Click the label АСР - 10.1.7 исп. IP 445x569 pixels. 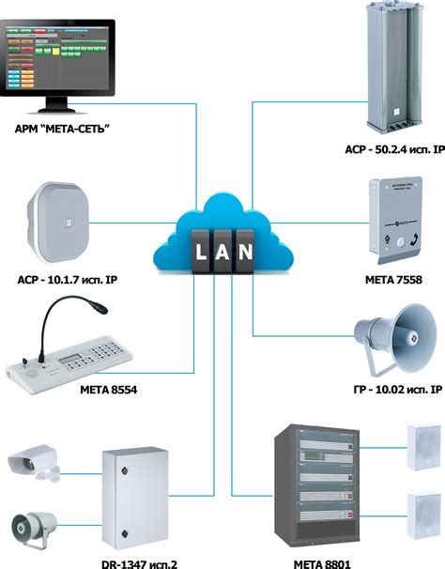pos(72,280)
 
